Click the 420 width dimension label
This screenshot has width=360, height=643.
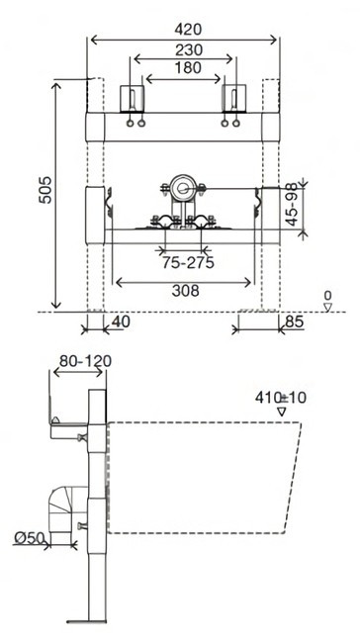(188, 30)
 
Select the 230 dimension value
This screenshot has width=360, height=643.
(189, 50)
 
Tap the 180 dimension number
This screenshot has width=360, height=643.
(188, 67)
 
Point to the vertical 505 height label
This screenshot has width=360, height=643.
(45, 190)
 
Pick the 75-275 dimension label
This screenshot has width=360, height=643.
(188, 262)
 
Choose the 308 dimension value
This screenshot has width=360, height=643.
(185, 291)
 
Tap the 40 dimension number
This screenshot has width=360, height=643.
(121, 321)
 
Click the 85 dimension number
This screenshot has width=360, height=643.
(294, 321)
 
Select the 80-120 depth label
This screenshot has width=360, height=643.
(85, 361)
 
